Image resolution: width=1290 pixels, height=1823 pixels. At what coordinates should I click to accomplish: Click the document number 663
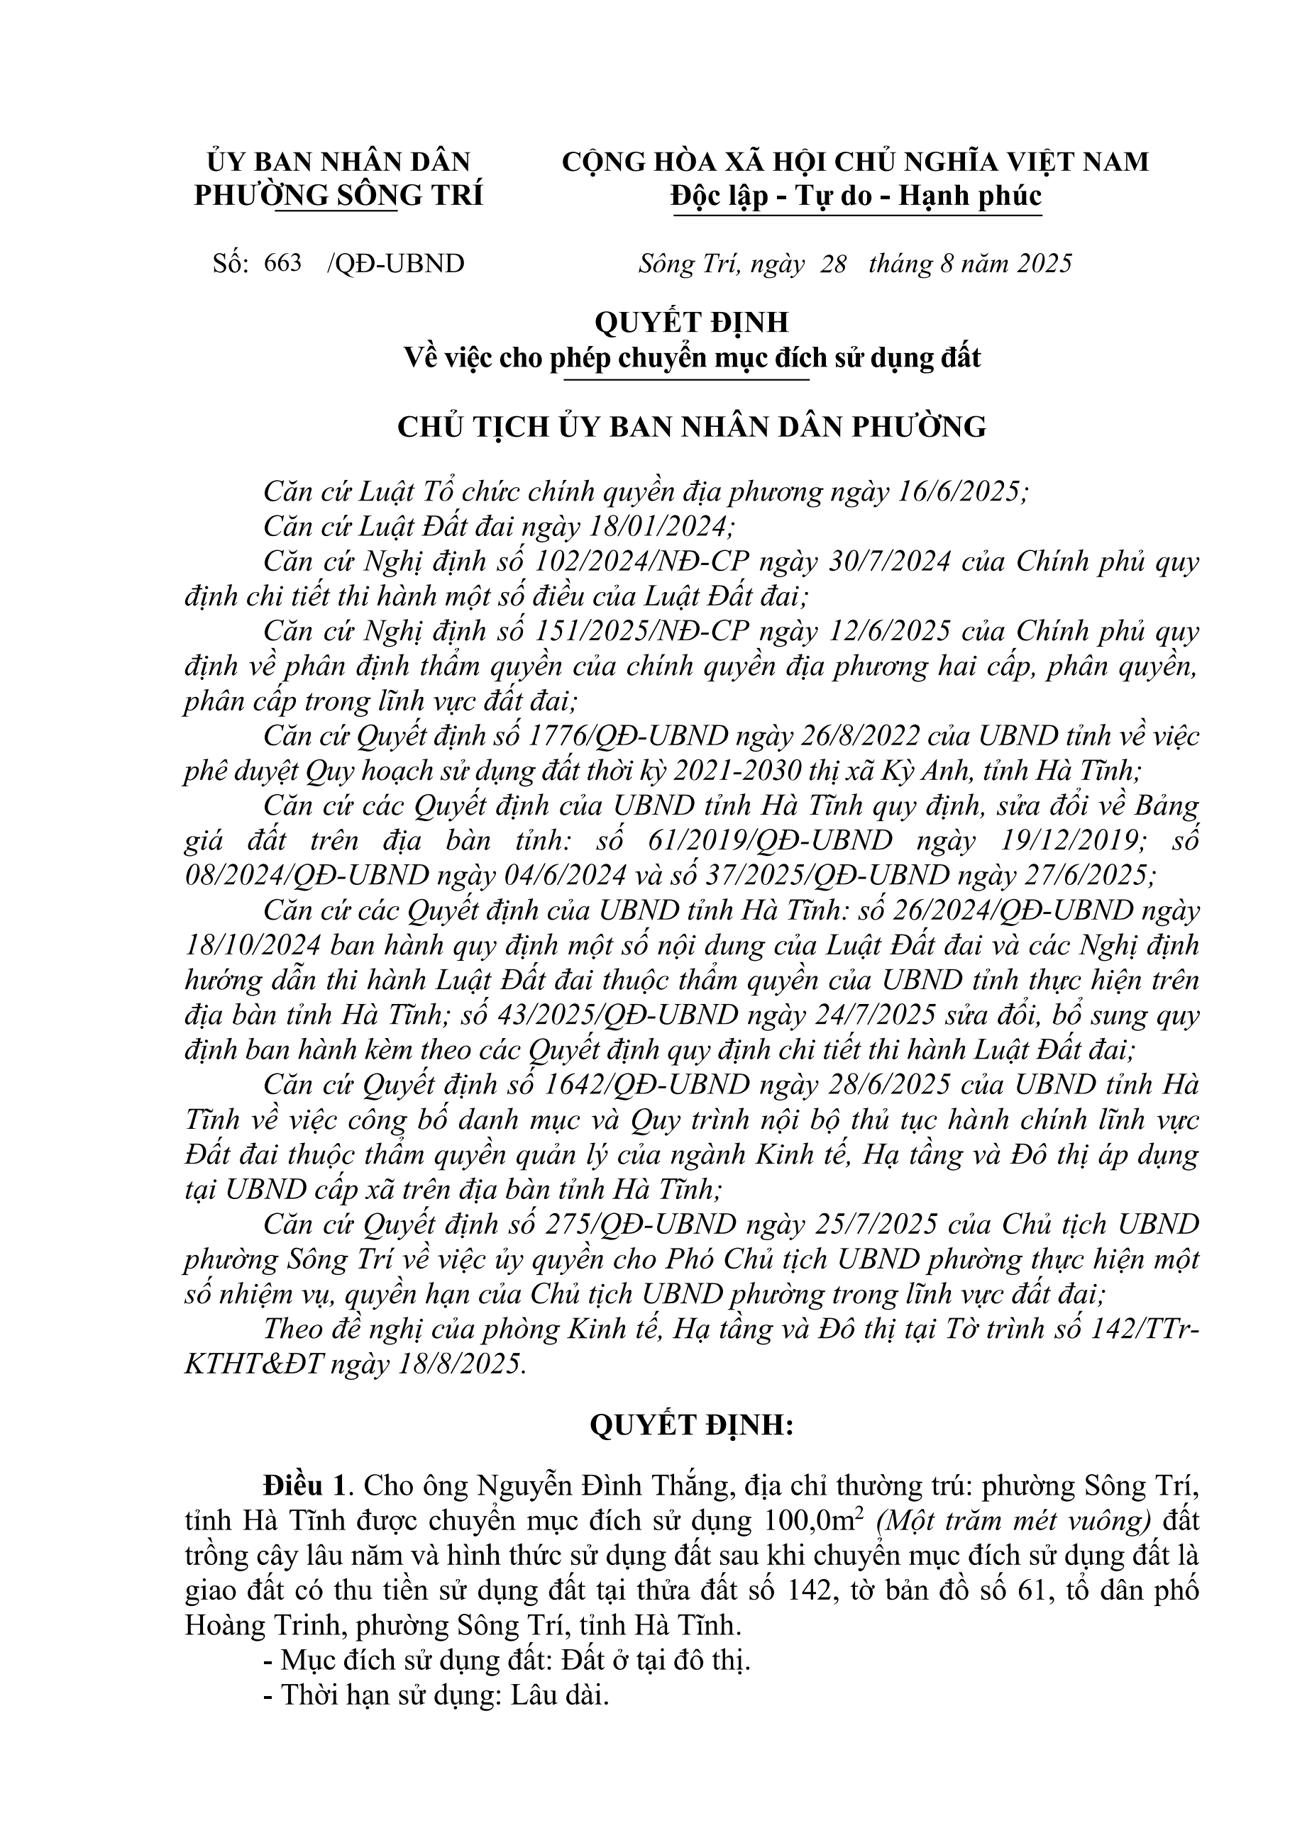tap(284, 263)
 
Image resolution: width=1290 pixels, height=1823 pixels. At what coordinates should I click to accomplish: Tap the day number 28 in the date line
tap(833, 263)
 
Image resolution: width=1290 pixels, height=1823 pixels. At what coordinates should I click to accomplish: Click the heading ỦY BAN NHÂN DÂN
tap(338, 161)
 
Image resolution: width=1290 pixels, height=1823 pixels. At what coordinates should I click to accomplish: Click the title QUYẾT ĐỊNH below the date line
tap(691, 323)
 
